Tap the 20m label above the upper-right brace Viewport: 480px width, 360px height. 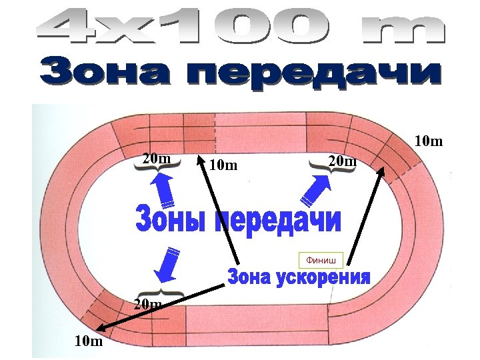coord(343,161)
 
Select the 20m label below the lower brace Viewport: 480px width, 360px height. coord(148,305)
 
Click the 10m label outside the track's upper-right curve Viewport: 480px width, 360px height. coord(429,141)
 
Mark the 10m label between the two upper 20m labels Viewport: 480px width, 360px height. coord(223,165)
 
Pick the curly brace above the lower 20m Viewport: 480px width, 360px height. coord(160,293)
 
